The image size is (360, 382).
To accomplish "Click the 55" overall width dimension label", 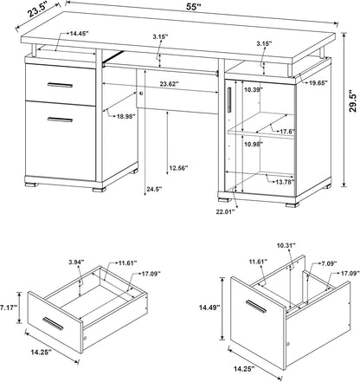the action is click(193, 7).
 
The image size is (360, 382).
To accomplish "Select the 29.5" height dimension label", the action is click(353, 101).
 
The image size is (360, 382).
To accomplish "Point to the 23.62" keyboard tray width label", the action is click(170, 84).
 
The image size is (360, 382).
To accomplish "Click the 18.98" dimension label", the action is click(126, 116).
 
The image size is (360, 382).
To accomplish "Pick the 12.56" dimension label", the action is click(178, 168).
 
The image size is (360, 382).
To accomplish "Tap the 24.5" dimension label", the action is click(154, 190).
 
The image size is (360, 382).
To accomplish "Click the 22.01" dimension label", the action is click(225, 211).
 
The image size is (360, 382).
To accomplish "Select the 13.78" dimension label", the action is click(285, 182).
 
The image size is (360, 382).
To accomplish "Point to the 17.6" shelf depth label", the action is click(287, 132).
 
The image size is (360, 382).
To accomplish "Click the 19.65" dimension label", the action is click(318, 83).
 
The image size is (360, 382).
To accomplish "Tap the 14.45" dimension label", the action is click(79, 34).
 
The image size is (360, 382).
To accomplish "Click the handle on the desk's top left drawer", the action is click(60, 85).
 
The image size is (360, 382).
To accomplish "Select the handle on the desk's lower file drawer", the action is click(60, 120).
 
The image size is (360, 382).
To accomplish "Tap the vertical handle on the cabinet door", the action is click(229, 100).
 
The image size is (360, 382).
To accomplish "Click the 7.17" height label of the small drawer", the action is click(9, 308).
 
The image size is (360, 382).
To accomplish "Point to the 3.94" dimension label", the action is click(76, 262).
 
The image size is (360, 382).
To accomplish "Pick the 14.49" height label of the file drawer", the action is click(209, 308).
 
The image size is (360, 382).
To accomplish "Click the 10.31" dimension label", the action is click(286, 245).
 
